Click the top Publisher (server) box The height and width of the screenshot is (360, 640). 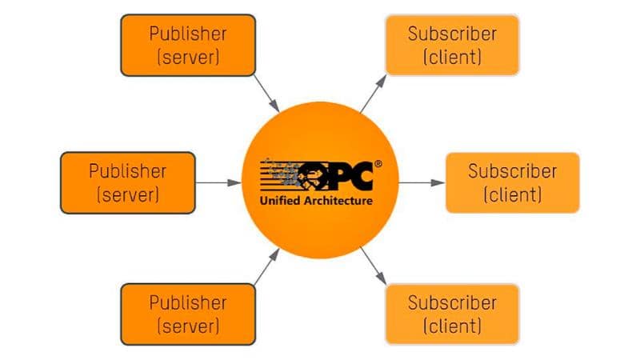(x=187, y=46)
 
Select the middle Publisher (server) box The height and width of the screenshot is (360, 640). (x=128, y=182)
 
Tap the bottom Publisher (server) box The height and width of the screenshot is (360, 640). (x=187, y=314)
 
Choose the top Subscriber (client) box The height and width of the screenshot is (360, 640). (x=452, y=46)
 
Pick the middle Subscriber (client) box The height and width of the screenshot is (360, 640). (x=512, y=182)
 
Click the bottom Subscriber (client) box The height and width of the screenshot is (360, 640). (x=452, y=314)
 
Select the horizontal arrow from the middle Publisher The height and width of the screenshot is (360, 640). (x=218, y=182)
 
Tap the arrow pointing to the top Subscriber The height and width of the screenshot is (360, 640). (x=372, y=94)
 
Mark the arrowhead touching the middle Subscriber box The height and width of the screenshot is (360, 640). (x=438, y=182)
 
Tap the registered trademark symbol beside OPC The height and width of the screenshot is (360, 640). (x=378, y=163)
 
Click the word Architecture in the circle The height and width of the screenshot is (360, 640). (x=338, y=200)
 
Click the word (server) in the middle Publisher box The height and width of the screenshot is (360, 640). (x=128, y=194)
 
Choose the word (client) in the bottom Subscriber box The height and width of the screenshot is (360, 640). (x=452, y=326)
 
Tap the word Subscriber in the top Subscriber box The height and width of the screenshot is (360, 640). (x=452, y=34)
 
